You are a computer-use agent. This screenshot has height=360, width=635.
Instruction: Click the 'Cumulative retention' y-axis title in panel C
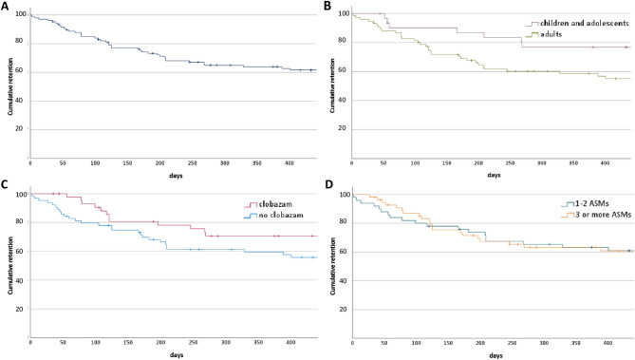[x=11, y=265]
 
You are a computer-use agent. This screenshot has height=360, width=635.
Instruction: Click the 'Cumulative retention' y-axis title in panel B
[x=331, y=85]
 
